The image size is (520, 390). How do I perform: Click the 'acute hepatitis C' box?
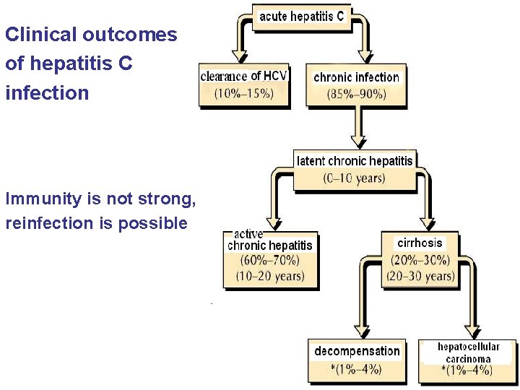[302, 16]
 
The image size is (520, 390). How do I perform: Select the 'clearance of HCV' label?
[244, 76]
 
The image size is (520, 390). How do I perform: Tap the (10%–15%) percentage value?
[243, 92]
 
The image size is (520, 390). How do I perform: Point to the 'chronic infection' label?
[356, 77]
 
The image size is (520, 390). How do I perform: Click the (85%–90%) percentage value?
[356, 93]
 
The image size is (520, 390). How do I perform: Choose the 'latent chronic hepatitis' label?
[355, 160]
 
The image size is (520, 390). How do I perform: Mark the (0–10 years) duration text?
[354, 178]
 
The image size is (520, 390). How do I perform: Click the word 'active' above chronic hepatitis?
[248, 234]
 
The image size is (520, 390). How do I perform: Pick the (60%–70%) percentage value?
[269, 261]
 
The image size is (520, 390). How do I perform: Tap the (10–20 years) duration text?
[269, 276]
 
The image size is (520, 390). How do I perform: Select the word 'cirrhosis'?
[420, 243]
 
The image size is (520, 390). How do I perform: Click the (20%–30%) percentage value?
[420, 260]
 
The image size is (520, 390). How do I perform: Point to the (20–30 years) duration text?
[420, 276]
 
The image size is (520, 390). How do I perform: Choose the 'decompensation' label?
[357, 351]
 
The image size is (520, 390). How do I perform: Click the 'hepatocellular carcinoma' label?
[468, 352]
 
